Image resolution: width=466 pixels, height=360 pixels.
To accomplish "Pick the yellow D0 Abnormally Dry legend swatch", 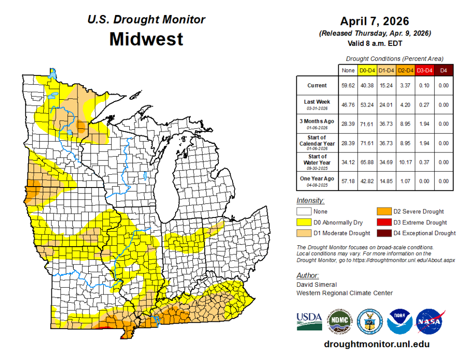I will (304, 223).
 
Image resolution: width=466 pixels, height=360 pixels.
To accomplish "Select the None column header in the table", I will (348, 70).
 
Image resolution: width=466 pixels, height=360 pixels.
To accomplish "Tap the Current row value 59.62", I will (348, 86).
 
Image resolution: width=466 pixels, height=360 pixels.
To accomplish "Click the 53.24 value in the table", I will (367, 105).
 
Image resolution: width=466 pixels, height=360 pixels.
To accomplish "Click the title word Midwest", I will (146, 39).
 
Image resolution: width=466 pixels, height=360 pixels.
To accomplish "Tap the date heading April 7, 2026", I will (375, 21).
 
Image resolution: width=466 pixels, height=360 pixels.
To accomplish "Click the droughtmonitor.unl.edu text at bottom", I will (376, 345).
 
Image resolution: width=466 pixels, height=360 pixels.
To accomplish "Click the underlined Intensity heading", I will (310, 201).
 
